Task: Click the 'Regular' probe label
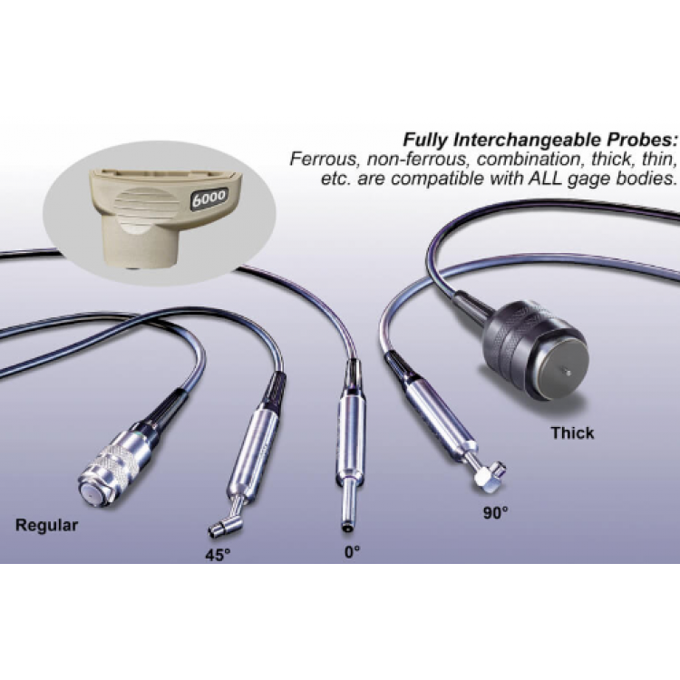click(x=47, y=525)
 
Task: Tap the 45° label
click(x=218, y=555)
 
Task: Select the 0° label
click(x=352, y=552)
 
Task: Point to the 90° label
click(x=495, y=513)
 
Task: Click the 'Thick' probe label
click(x=572, y=432)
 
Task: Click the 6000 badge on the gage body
click(x=209, y=199)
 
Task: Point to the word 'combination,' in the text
click(x=529, y=160)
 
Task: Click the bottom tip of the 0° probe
click(x=347, y=527)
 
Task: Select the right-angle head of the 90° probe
click(x=490, y=474)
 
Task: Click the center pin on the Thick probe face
click(x=566, y=372)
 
